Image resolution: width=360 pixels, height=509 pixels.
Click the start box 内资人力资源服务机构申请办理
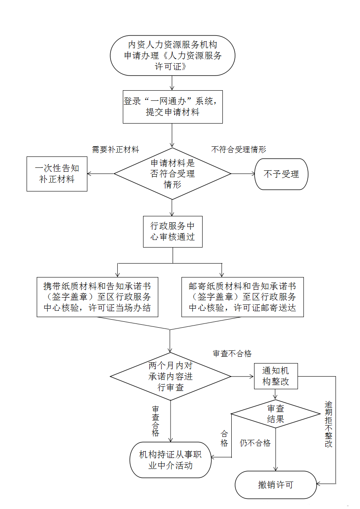coord(173,56)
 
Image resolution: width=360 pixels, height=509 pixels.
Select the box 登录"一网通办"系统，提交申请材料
coord(173,107)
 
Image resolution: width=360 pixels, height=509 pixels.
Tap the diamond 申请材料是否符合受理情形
coord(173,174)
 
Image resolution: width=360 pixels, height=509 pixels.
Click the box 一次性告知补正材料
coord(57,174)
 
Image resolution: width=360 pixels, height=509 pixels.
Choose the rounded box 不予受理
coord(282,174)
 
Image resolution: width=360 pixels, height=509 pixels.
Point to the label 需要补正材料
coord(116,150)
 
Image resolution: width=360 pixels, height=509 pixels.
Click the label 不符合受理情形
coord(238,150)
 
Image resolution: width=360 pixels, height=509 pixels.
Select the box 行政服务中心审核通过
coord(173,231)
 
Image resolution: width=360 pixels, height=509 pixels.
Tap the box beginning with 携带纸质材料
coord(98,296)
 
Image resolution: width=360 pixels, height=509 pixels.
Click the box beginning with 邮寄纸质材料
coord(242,296)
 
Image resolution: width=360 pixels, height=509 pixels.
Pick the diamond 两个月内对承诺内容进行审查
coord(171,376)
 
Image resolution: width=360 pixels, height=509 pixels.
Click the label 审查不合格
coord(232,354)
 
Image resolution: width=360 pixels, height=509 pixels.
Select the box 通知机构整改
coord(276,376)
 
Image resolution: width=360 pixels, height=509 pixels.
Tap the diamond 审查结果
coord(276,414)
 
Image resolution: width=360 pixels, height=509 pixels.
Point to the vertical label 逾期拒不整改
coord(328,424)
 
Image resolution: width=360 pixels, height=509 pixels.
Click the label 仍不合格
coord(255,443)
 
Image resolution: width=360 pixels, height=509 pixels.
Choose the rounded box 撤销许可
coord(276,485)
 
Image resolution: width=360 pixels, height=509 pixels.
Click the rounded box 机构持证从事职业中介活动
coord(171,460)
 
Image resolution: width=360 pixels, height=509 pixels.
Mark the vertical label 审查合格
coord(156,421)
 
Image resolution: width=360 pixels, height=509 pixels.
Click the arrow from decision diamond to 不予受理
coord(243,174)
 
